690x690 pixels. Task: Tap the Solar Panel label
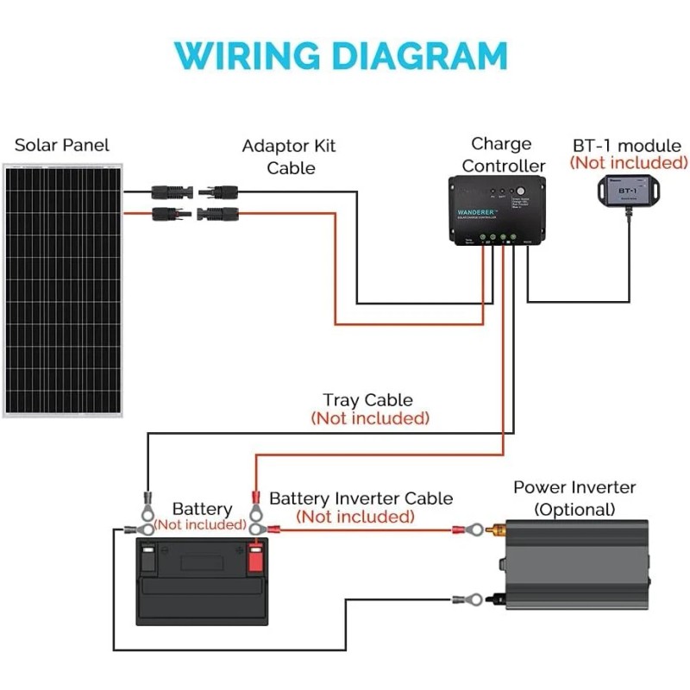tap(62, 145)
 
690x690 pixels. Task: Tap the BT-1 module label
tap(627, 146)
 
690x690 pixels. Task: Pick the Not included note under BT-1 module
tap(628, 163)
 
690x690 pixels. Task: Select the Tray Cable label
tap(367, 400)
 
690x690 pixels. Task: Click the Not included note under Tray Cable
tap(369, 418)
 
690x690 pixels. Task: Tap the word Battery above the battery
tap(202, 509)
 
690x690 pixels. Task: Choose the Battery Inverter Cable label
tap(361, 499)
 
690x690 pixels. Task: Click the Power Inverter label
tap(574, 487)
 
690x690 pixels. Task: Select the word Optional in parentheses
tap(575, 509)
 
